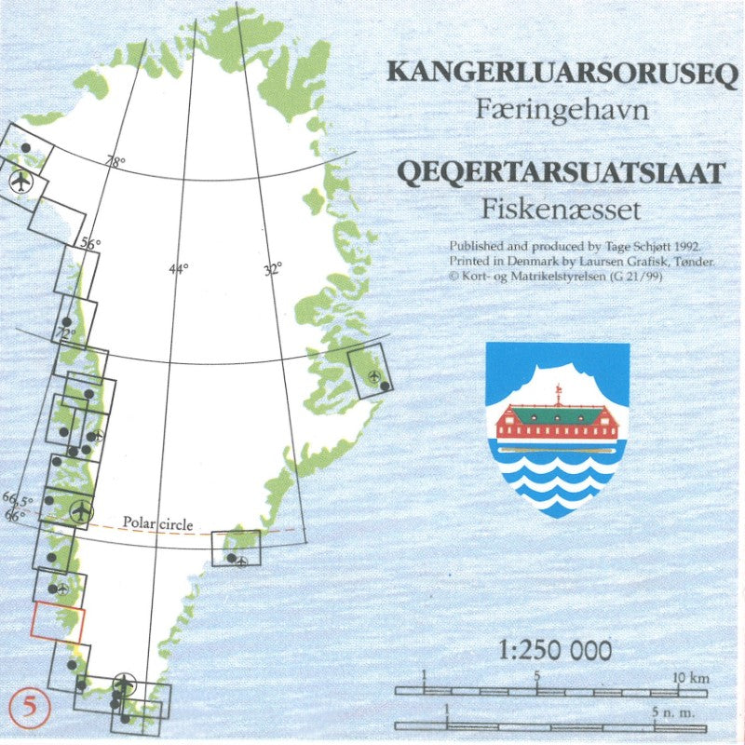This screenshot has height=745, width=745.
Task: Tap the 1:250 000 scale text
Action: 555,650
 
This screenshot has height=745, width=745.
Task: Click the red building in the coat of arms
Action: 557,424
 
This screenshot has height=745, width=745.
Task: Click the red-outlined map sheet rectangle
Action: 58,621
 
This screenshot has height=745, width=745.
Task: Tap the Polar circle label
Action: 158,524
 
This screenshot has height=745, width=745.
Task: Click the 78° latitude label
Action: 115,161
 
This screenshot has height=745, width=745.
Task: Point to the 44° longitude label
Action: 178,269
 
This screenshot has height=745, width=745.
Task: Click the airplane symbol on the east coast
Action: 374,377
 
